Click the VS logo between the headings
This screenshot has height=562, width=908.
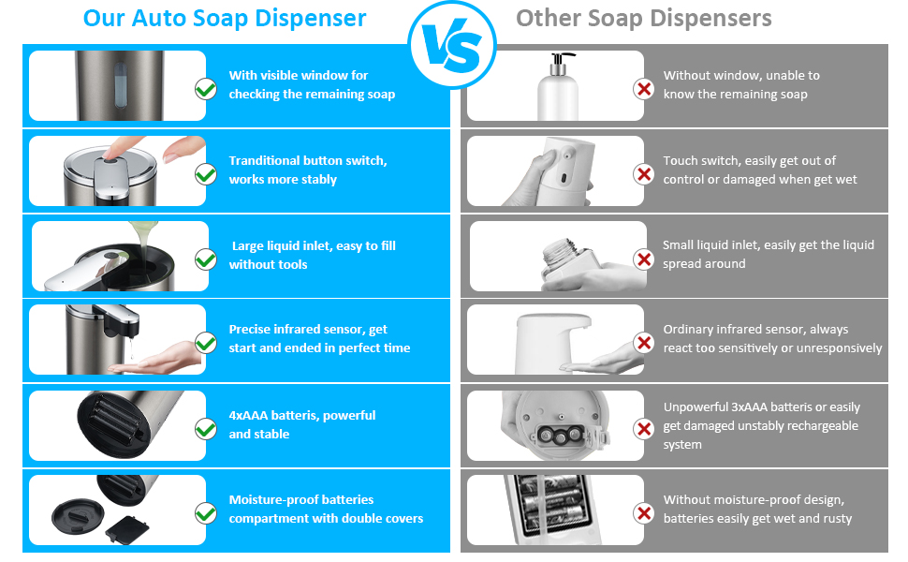click(452, 45)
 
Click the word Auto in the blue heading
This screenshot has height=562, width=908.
click(159, 18)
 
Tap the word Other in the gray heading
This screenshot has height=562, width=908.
click(549, 18)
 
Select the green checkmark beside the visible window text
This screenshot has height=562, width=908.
click(206, 89)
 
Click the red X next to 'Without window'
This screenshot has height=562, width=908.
click(643, 89)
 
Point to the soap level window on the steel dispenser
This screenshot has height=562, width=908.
click(120, 85)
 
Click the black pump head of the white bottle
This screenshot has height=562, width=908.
click(560, 61)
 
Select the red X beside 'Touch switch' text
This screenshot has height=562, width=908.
click(643, 174)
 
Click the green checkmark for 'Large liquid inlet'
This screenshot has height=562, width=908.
click(206, 259)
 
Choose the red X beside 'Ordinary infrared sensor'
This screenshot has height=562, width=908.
click(643, 343)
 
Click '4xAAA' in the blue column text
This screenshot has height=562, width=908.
click(248, 416)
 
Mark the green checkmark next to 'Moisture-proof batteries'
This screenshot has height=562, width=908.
click(206, 513)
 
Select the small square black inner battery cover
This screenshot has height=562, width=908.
click(127, 529)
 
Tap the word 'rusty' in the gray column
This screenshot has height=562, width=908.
click(837, 519)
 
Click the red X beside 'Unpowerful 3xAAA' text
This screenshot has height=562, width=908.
click(643, 429)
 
